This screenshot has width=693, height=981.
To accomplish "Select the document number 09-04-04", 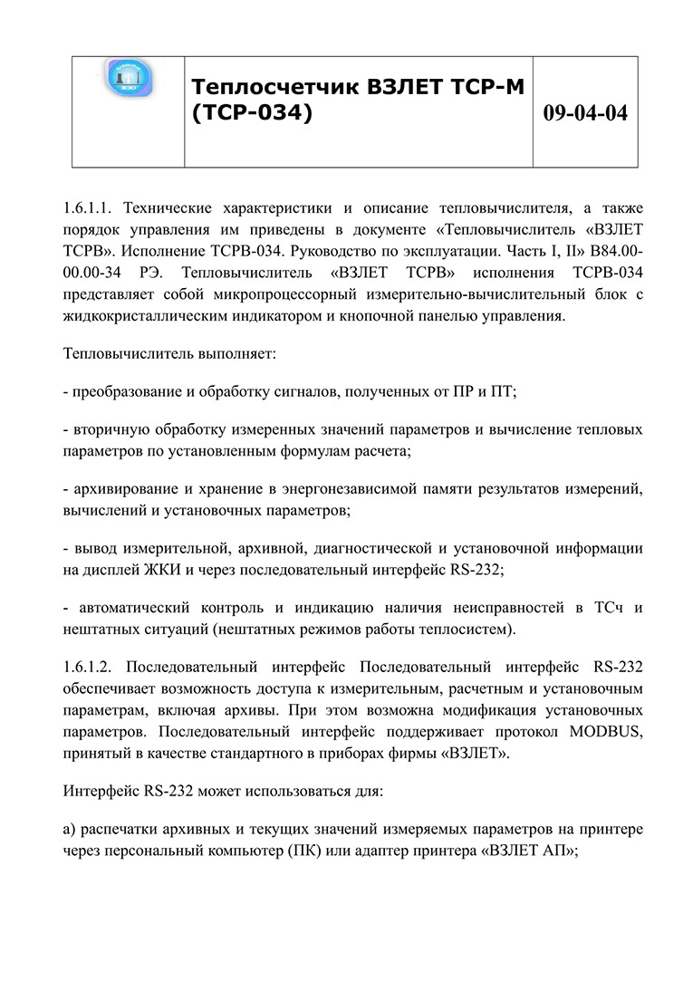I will [584, 113].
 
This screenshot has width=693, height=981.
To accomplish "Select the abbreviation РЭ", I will [149, 272].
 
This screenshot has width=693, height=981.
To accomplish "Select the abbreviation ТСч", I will [610, 608].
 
